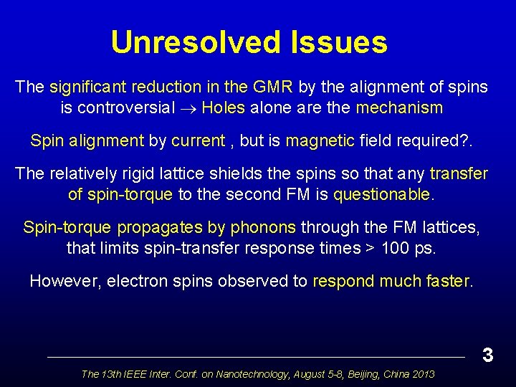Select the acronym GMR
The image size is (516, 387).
[272, 87]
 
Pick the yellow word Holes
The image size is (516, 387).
[224, 108]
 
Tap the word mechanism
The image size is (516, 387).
[399, 108]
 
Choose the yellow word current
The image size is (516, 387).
[198, 140]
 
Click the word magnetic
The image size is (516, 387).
[320, 140]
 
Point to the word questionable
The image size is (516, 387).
[383, 194]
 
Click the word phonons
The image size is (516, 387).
[264, 228]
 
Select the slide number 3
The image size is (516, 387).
[487, 355]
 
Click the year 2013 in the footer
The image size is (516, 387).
[422, 373]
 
